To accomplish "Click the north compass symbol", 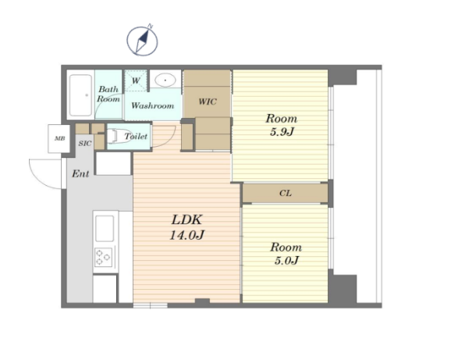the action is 142,41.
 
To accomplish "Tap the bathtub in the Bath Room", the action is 81,94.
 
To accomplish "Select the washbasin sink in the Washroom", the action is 165,80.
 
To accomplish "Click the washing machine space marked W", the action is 136,80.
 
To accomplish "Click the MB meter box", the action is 59,138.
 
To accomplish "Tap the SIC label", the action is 85,144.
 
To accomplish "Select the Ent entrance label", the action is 80,173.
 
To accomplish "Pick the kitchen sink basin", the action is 105,228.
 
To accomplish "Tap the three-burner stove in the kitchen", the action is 103,257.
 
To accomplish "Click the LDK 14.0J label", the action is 186,227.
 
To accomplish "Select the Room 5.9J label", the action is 282,125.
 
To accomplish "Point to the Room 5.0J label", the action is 286,254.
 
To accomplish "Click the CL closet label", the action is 286,193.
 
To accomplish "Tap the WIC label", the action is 208,102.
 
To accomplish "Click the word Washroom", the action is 152,105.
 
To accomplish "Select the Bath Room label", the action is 108,94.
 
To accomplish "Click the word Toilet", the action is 136,136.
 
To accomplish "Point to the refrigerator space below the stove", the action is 105,289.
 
